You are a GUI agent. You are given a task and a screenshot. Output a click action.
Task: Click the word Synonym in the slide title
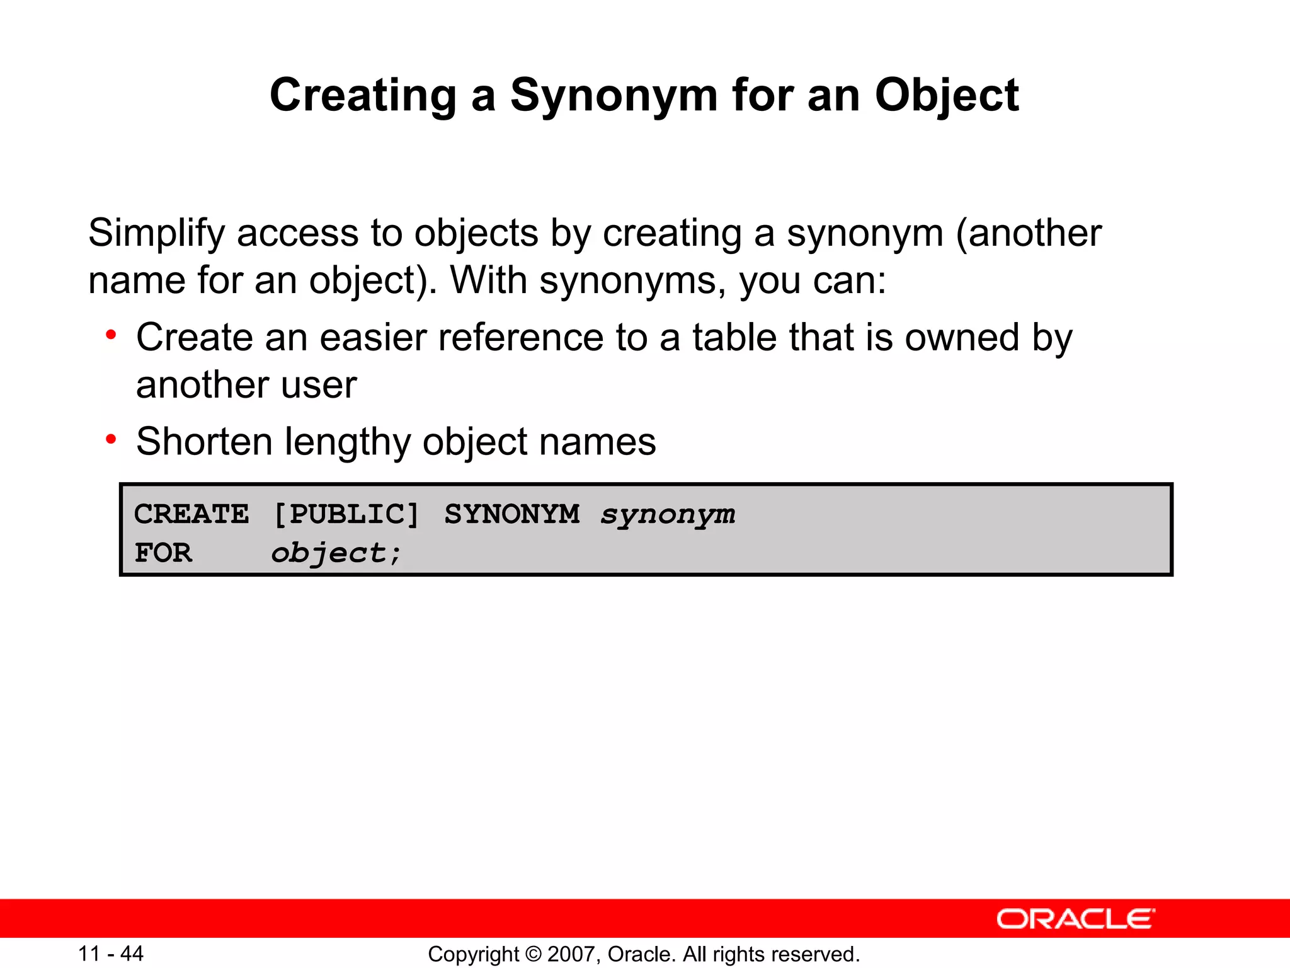coord(614,96)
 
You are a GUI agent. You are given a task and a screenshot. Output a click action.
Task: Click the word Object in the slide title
coord(946,96)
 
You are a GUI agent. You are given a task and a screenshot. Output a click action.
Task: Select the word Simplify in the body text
coord(156,233)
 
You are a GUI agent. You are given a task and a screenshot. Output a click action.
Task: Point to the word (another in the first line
coord(1028,233)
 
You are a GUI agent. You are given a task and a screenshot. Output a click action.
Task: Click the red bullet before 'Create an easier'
coord(111,335)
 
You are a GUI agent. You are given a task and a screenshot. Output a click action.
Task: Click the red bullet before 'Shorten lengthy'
coord(111,439)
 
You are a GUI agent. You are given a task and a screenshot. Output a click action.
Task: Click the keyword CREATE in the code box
coord(191,514)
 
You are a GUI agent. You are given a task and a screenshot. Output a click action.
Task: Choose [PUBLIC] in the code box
coord(346,514)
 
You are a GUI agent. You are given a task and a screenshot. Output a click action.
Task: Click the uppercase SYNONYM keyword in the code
coord(511,514)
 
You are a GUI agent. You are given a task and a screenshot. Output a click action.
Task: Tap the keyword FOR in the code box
coord(163,553)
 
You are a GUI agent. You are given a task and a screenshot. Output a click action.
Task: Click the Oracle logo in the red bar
coord(1075,919)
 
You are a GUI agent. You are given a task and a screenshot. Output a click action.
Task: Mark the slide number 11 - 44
coord(111,954)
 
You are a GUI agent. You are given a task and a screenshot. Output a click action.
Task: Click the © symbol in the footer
coord(533,954)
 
